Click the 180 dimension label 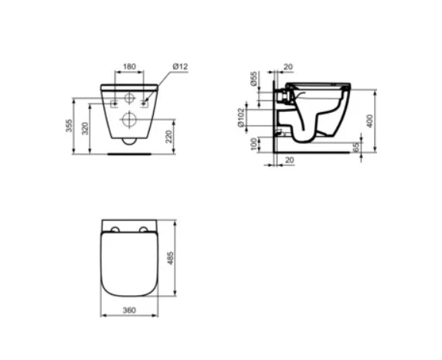(x=129, y=66)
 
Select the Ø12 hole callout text (x=180, y=66)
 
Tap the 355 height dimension (x=69, y=126)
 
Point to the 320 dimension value (x=85, y=128)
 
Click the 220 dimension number (x=168, y=137)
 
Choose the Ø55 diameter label (x=254, y=79)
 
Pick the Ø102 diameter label (x=240, y=117)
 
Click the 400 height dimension (x=370, y=121)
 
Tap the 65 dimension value (x=356, y=147)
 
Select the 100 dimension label (x=254, y=144)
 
